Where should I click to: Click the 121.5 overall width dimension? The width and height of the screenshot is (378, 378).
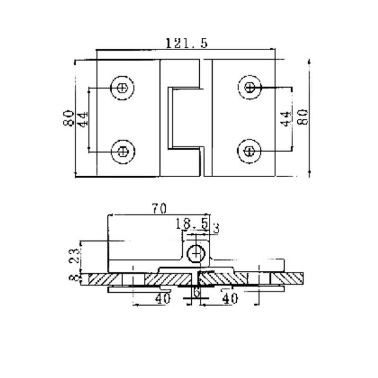(x=187, y=43)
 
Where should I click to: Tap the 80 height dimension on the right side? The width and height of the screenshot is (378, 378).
(x=303, y=116)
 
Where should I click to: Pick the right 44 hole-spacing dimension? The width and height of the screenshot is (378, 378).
(x=284, y=118)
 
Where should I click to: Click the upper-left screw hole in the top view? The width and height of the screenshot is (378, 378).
(x=122, y=87)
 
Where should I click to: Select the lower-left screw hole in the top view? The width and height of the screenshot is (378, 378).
(x=122, y=151)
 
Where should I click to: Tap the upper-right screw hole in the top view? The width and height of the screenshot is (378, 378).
(x=250, y=87)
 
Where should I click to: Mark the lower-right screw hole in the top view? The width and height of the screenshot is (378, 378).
(x=250, y=151)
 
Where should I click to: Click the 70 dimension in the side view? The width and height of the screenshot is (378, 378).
(x=158, y=207)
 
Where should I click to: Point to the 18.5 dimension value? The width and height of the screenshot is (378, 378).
(x=192, y=223)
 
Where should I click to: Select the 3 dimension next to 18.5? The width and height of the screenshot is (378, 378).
(x=216, y=228)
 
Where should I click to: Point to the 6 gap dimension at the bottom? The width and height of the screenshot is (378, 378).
(x=195, y=293)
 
